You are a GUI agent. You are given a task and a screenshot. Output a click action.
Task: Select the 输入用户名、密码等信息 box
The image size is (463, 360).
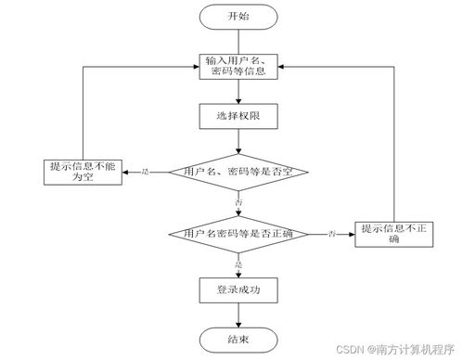(240, 67)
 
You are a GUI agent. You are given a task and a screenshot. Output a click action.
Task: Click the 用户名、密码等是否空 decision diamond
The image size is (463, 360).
(240, 172)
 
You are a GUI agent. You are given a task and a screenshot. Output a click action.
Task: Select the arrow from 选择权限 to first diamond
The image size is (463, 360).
(240, 143)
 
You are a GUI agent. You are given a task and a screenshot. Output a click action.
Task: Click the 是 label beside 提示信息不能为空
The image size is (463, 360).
(145, 172)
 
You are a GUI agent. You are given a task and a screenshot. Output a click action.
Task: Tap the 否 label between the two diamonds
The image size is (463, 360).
(240, 200)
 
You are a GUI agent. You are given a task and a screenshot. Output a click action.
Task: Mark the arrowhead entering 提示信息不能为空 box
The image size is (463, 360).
(126, 172)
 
